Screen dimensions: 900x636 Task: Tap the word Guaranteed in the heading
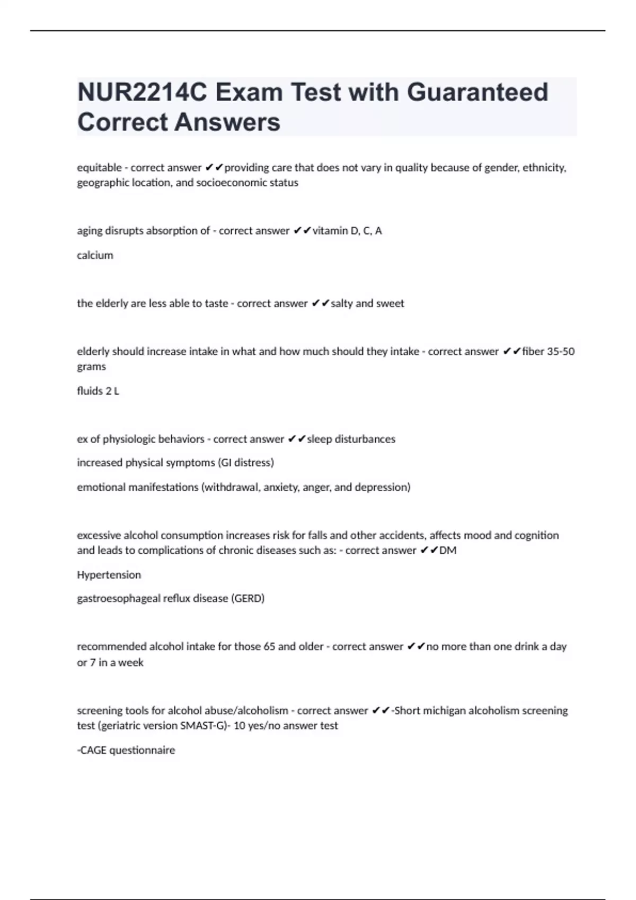click(477, 92)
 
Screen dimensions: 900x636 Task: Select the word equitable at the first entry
click(99, 168)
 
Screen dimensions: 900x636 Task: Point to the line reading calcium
click(95, 255)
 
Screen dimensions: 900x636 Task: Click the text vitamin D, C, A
click(347, 231)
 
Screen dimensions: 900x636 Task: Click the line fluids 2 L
click(98, 391)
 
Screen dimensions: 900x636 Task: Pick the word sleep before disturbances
click(319, 439)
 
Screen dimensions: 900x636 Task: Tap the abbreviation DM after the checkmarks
click(448, 551)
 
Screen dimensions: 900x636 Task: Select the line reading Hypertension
click(109, 575)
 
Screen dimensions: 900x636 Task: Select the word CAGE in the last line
click(93, 750)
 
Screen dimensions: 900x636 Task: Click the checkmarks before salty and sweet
click(320, 303)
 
